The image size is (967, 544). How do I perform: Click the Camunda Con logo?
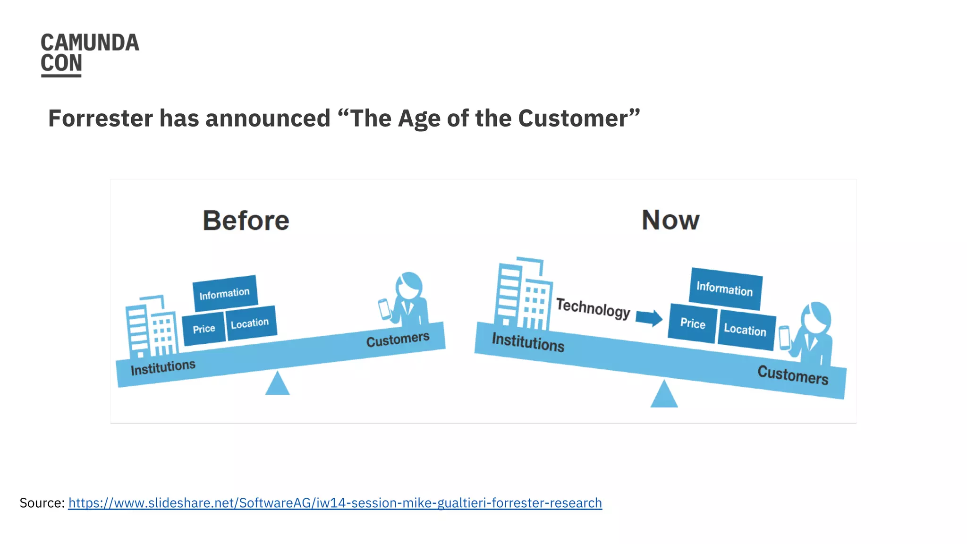tap(89, 54)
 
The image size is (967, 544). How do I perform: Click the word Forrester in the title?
tap(100, 118)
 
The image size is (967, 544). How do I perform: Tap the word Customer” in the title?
tap(579, 118)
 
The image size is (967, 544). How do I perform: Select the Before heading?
tap(246, 221)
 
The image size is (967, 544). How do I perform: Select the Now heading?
tap(670, 220)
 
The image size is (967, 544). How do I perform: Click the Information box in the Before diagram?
tap(225, 294)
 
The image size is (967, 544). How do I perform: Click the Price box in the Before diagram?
tap(204, 329)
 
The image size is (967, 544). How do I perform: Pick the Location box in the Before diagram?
tap(250, 323)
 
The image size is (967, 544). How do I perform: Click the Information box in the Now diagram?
tap(725, 289)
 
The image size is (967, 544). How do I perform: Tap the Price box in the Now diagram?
tap(692, 323)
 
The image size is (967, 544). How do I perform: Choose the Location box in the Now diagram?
tap(746, 330)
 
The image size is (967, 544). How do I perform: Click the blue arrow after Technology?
tap(649, 317)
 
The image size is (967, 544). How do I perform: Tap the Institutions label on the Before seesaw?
tap(163, 367)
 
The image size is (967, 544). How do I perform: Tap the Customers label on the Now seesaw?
tap(793, 375)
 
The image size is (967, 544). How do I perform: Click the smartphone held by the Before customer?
tap(385, 309)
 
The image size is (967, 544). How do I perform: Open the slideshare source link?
tap(335, 503)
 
